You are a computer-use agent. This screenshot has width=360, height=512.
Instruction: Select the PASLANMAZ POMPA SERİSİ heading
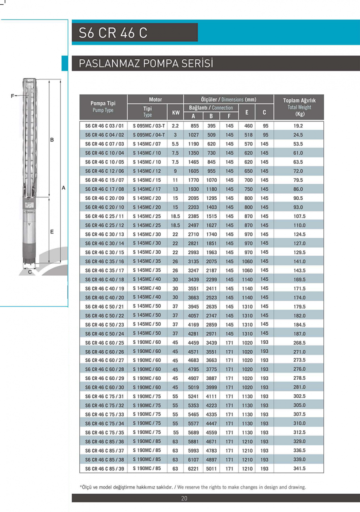pos(146,64)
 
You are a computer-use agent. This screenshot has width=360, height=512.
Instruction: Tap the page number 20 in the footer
pos(184,498)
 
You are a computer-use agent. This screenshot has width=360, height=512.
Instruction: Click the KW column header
pos(175,113)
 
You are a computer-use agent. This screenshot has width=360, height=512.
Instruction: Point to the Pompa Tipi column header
pos(103,107)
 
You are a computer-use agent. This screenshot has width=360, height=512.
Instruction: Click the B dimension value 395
pos(212,126)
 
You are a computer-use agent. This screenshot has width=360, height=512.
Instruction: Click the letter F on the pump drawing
pos(12,96)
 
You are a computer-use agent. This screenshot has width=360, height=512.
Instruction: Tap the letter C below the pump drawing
pos(30,271)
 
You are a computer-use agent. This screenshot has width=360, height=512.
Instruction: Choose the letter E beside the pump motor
pos(52,232)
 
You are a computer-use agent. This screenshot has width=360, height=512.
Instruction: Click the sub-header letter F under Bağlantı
pos(229,116)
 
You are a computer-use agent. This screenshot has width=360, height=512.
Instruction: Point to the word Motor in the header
pos(155,99)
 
